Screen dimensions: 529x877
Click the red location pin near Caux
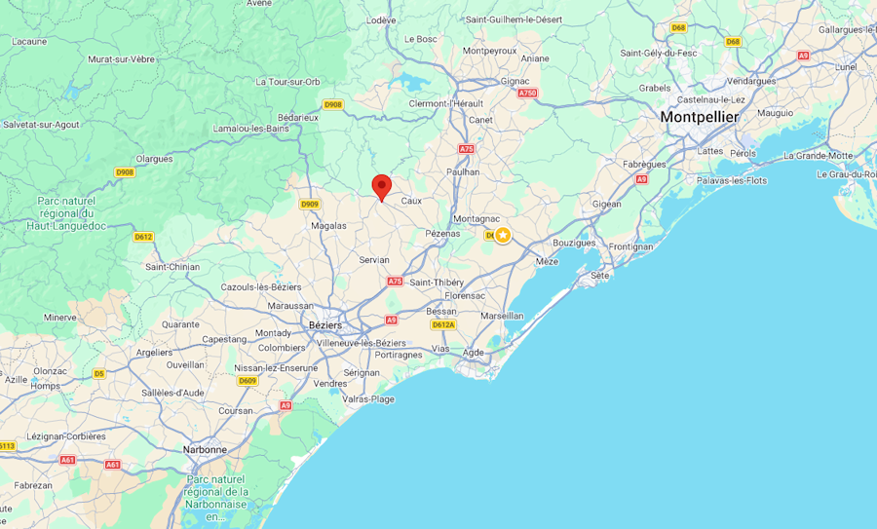[382, 186]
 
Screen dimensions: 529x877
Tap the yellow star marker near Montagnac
[503, 235]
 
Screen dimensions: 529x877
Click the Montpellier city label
[700, 117]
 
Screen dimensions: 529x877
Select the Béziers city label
[324, 325]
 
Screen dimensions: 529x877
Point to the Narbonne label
[205, 449]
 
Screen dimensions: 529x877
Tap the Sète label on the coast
[599, 276]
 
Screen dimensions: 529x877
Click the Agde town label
[473, 353]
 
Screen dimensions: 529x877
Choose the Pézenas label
[442, 233]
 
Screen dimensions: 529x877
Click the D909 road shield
[309, 204]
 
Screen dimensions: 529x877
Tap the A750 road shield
[527, 93]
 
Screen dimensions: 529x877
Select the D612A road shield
[443, 324]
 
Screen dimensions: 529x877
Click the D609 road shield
[248, 381]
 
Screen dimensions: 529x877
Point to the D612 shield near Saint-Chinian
[143, 237]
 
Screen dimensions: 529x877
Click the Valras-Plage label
[368, 398]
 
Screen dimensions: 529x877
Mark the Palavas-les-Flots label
[732, 180]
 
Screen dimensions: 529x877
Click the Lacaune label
[29, 41]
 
